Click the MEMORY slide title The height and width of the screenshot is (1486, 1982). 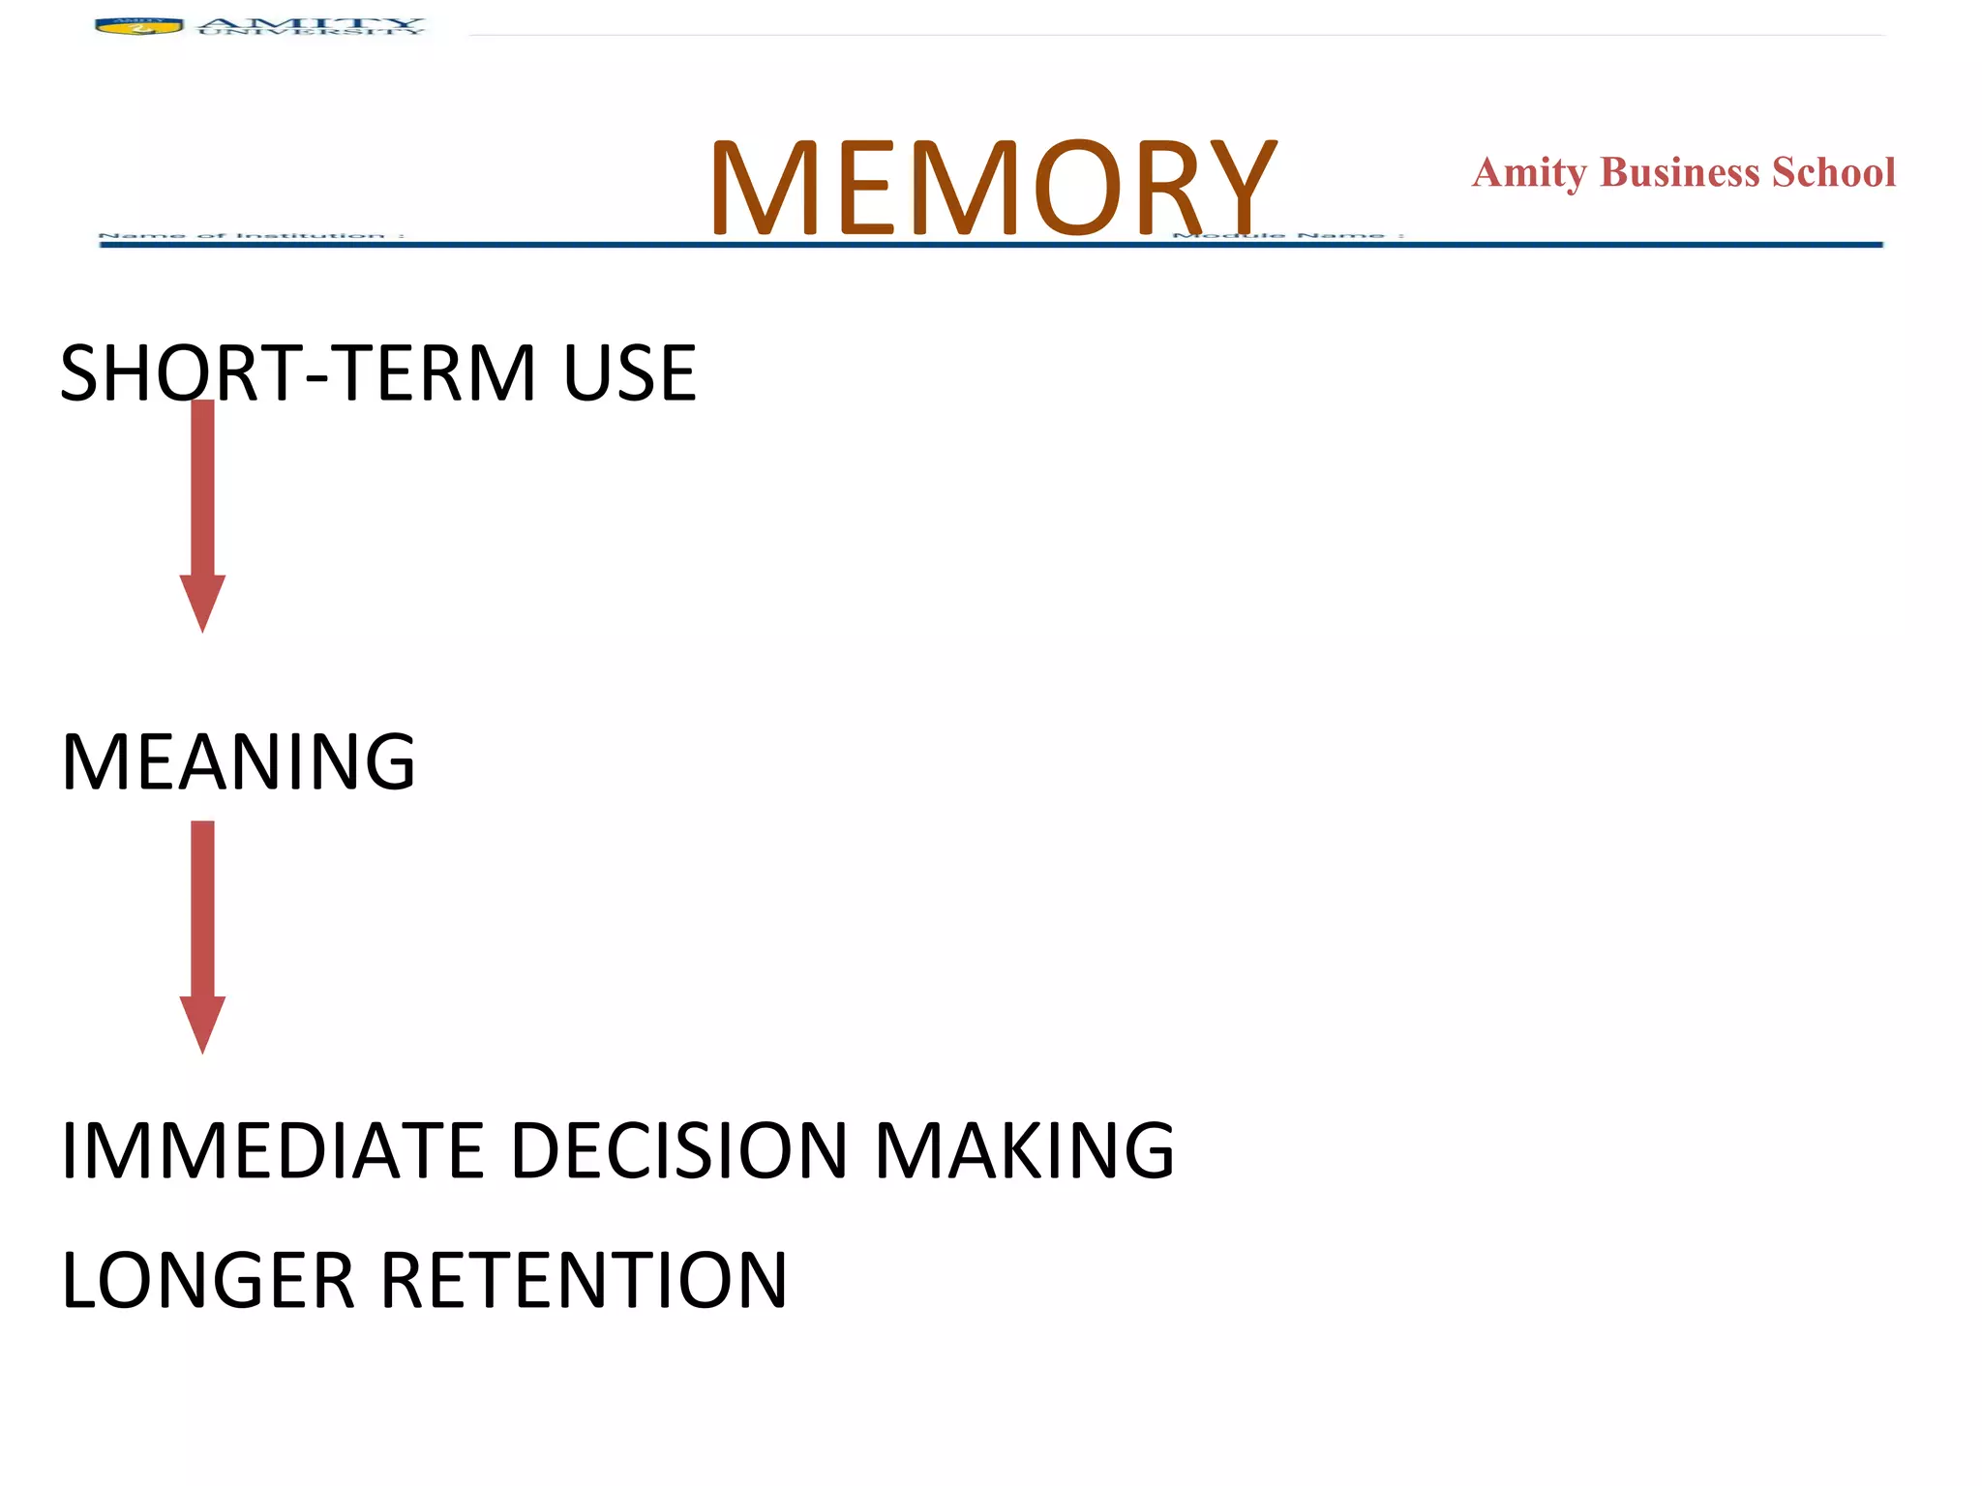pyautogui.click(x=992, y=188)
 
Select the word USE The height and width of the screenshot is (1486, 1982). pyautogui.click(x=629, y=373)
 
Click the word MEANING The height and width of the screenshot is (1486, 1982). pyautogui.click(x=238, y=762)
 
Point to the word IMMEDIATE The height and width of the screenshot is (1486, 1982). pyautogui.click(x=272, y=1150)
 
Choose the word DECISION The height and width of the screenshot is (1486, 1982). pyautogui.click(x=678, y=1150)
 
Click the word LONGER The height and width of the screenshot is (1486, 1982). pyautogui.click(x=208, y=1280)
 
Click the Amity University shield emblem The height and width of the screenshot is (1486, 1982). pyautogui.click(x=138, y=27)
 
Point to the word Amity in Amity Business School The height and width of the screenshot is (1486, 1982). pyautogui.click(x=1529, y=173)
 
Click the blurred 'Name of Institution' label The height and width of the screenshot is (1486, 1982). pyautogui.click(x=252, y=235)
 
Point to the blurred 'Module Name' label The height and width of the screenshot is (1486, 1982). pyautogui.click(x=1287, y=235)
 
